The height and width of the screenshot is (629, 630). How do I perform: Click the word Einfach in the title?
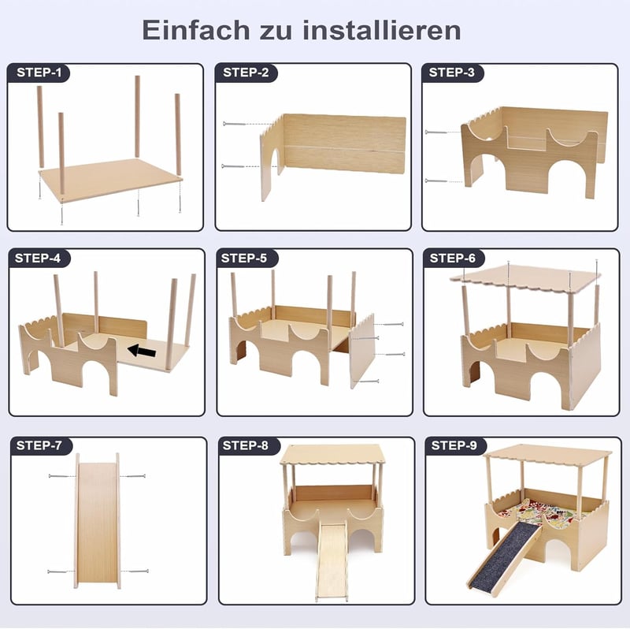(195, 30)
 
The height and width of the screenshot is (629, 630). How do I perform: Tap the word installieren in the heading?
(382, 30)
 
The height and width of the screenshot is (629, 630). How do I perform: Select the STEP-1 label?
(39, 73)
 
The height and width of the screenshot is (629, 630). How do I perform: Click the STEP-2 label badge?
(246, 73)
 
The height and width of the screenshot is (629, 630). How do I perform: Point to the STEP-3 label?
(452, 73)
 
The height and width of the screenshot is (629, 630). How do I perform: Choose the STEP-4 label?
(38, 259)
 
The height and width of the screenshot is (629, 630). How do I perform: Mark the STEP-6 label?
(453, 259)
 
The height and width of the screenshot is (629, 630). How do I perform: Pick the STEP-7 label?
(39, 445)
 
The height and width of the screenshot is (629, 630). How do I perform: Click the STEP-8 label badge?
(246, 445)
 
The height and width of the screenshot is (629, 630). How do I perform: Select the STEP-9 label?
(454, 445)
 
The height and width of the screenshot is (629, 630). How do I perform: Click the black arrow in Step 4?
(142, 351)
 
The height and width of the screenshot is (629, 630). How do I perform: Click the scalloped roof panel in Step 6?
(525, 279)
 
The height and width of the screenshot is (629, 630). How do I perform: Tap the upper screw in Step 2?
(234, 124)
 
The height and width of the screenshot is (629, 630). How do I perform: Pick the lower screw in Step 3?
(436, 181)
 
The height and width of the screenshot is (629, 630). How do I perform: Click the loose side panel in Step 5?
(362, 350)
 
